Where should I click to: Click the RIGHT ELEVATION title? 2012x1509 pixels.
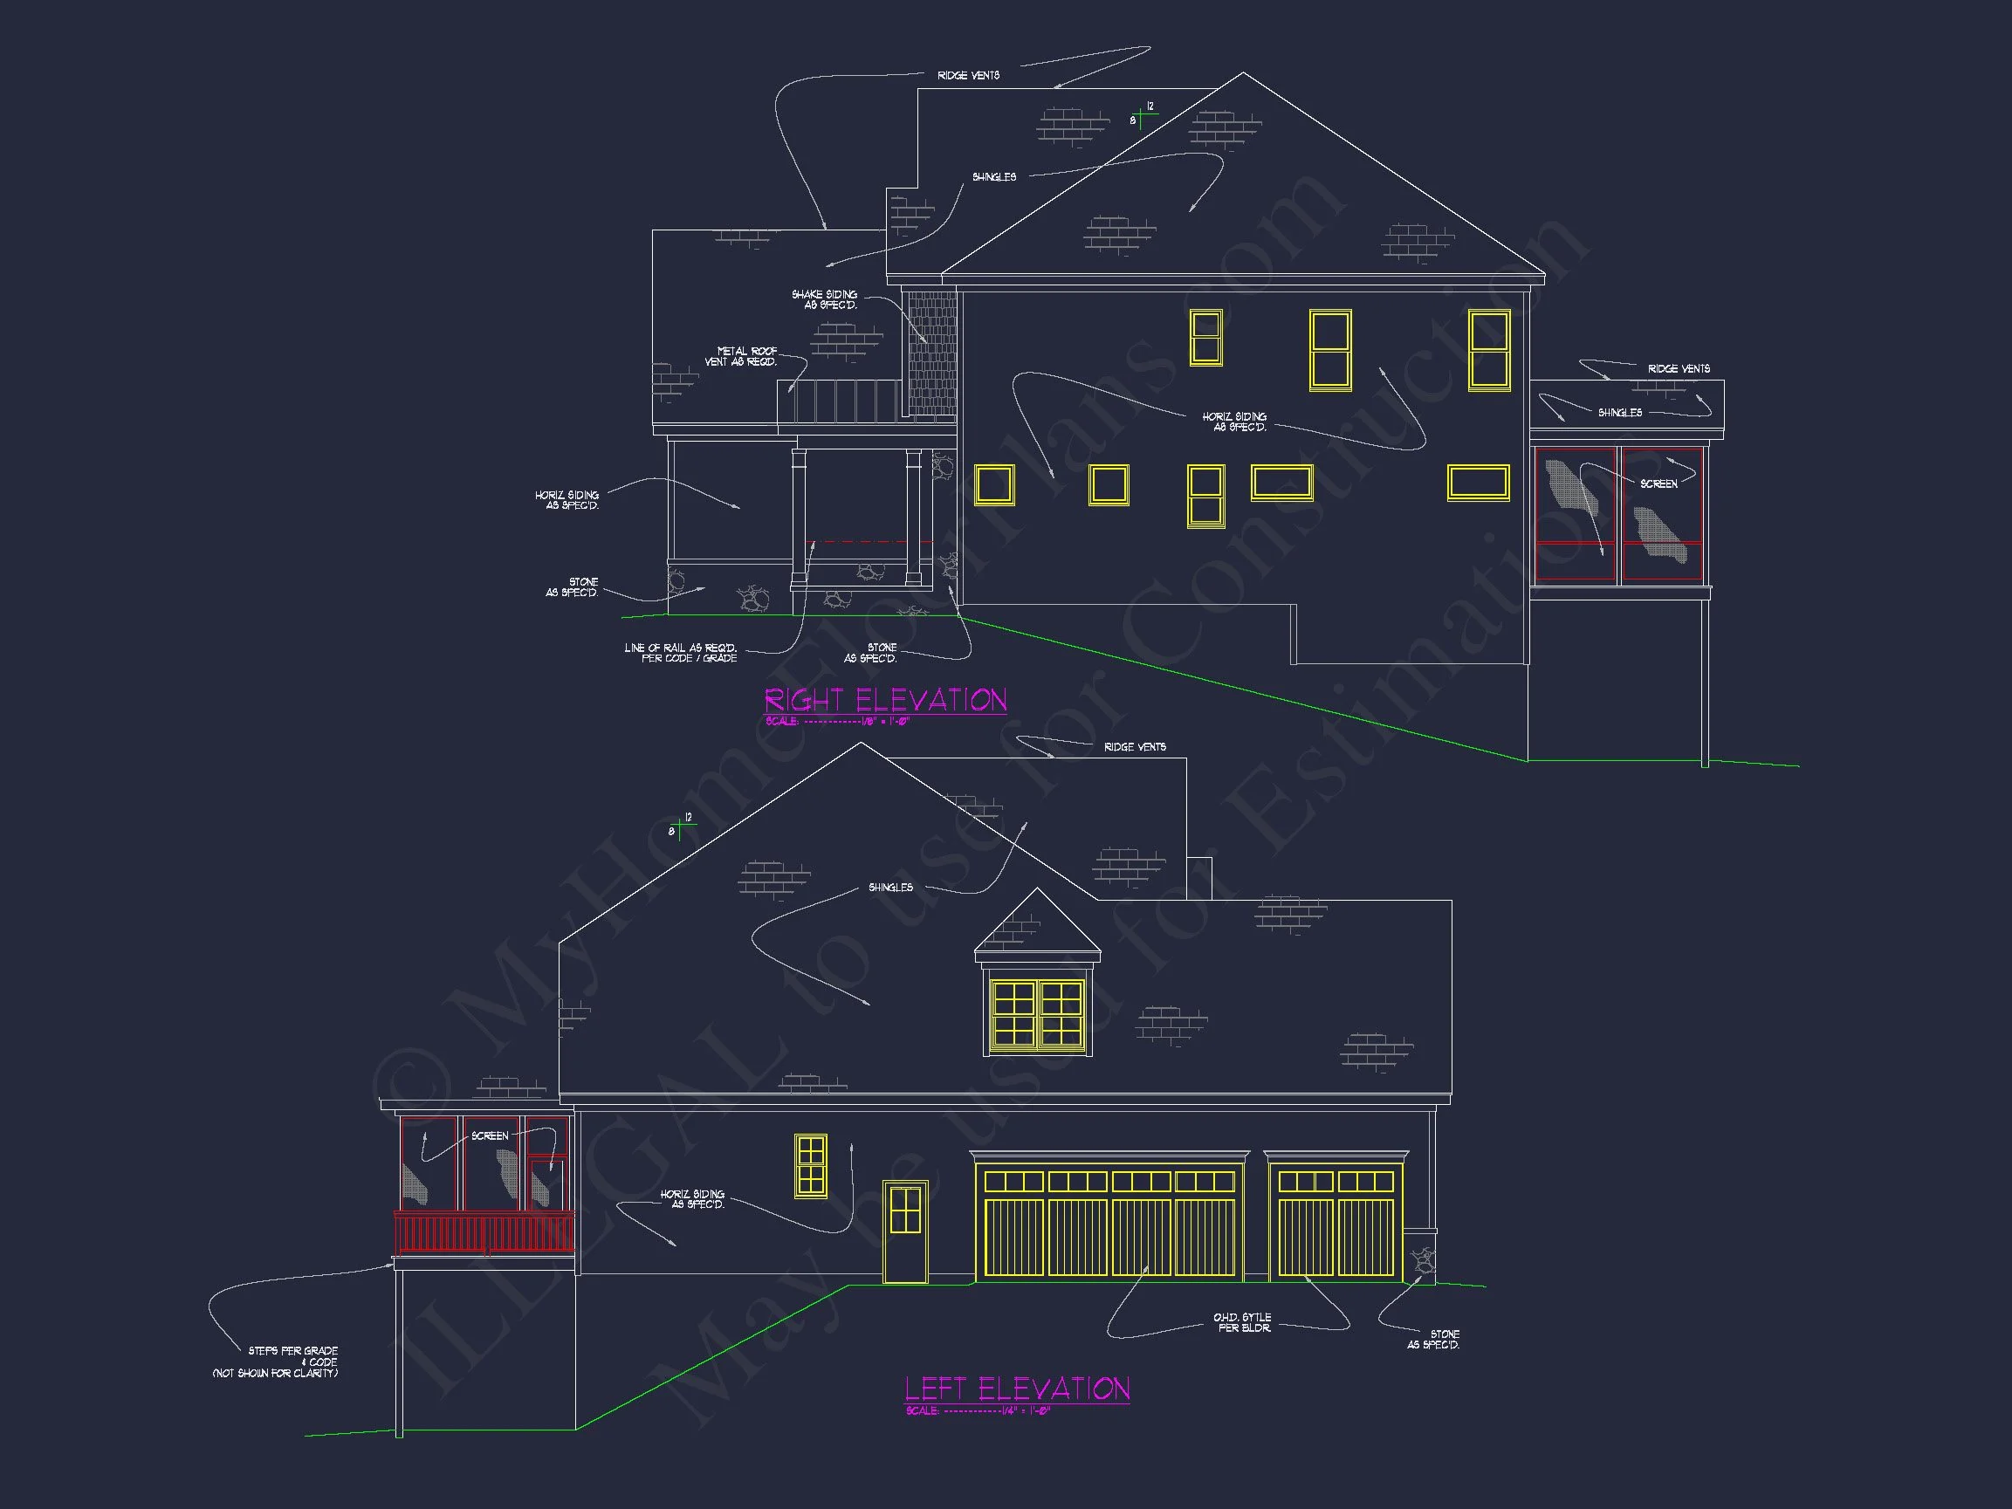click(x=885, y=700)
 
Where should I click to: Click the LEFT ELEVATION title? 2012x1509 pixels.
click(x=1017, y=1389)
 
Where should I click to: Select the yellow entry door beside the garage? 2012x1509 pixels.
click(x=905, y=1232)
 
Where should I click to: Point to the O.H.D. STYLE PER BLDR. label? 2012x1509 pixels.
click(x=1242, y=1322)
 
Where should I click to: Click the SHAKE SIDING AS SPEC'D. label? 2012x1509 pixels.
click(x=824, y=299)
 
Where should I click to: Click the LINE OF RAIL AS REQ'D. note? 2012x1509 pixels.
click(x=680, y=653)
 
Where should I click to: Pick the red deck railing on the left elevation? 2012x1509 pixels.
click(x=484, y=1233)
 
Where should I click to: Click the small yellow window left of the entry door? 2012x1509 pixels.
click(x=810, y=1165)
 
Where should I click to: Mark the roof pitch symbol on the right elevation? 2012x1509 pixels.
click(x=1142, y=115)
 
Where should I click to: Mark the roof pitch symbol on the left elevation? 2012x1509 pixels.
click(x=680, y=826)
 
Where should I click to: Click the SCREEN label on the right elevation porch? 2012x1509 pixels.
click(x=1658, y=484)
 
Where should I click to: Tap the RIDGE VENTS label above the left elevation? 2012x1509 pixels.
click(x=1134, y=747)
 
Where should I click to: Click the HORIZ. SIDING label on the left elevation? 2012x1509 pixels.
click(x=693, y=1199)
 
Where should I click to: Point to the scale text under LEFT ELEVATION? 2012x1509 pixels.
click(x=978, y=1410)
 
